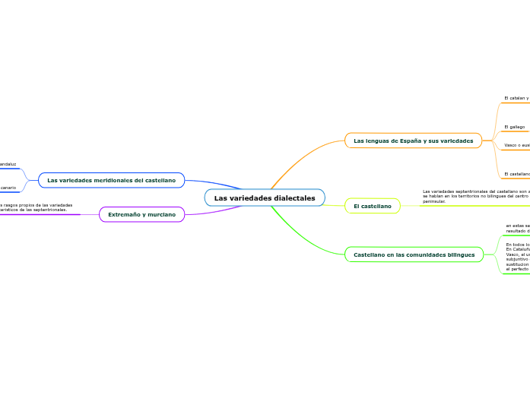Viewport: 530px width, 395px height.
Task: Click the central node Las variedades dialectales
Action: coord(265,198)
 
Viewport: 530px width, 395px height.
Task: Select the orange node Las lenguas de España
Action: coord(413,141)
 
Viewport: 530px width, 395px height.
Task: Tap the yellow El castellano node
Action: coord(372,206)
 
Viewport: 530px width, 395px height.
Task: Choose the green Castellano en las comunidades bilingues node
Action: coord(414,254)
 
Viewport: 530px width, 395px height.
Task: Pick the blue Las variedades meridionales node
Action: coord(111,180)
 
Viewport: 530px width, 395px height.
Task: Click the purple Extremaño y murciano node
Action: coord(141,215)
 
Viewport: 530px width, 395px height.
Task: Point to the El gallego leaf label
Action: coord(515,127)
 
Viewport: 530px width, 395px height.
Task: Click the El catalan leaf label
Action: coord(517,98)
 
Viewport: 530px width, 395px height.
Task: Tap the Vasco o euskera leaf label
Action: coord(517,144)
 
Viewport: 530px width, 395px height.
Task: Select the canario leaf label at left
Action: coord(8,187)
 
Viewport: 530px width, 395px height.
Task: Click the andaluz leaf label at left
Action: coord(8,163)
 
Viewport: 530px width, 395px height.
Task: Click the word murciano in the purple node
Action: coord(160,215)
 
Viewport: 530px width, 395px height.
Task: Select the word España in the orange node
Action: coord(414,141)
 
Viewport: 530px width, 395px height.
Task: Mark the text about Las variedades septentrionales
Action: coord(475,196)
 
